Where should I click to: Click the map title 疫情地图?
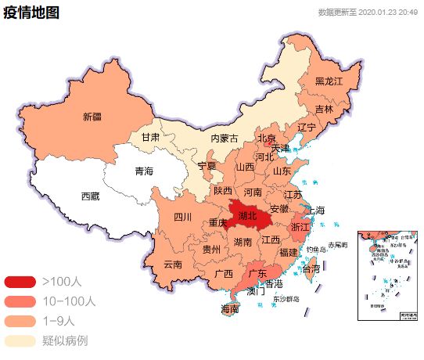pyautogui.click(x=31, y=13)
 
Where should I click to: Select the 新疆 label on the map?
pyautogui.click(x=92, y=117)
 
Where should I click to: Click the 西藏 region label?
pyautogui.click(x=90, y=196)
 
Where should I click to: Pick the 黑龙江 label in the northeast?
pyautogui.click(x=329, y=81)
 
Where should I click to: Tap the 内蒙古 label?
pyautogui.click(x=224, y=138)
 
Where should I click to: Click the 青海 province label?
pyautogui.click(x=144, y=171)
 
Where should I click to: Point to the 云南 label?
pyautogui.click(x=173, y=264)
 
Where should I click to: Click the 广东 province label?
pyautogui.click(x=257, y=274)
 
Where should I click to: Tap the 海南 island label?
pyautogui.click(x=230, y=309)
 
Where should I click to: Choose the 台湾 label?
pyautogui.click(x=311, y=268)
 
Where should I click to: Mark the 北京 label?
pyautogui.click(x=267, y=139)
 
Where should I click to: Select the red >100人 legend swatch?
pyautogui.click(x=20, y=281)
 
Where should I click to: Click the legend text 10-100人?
pyautogui.click(x=69, y=301)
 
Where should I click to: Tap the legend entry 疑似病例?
pyautogui.click(x=64, y=341)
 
